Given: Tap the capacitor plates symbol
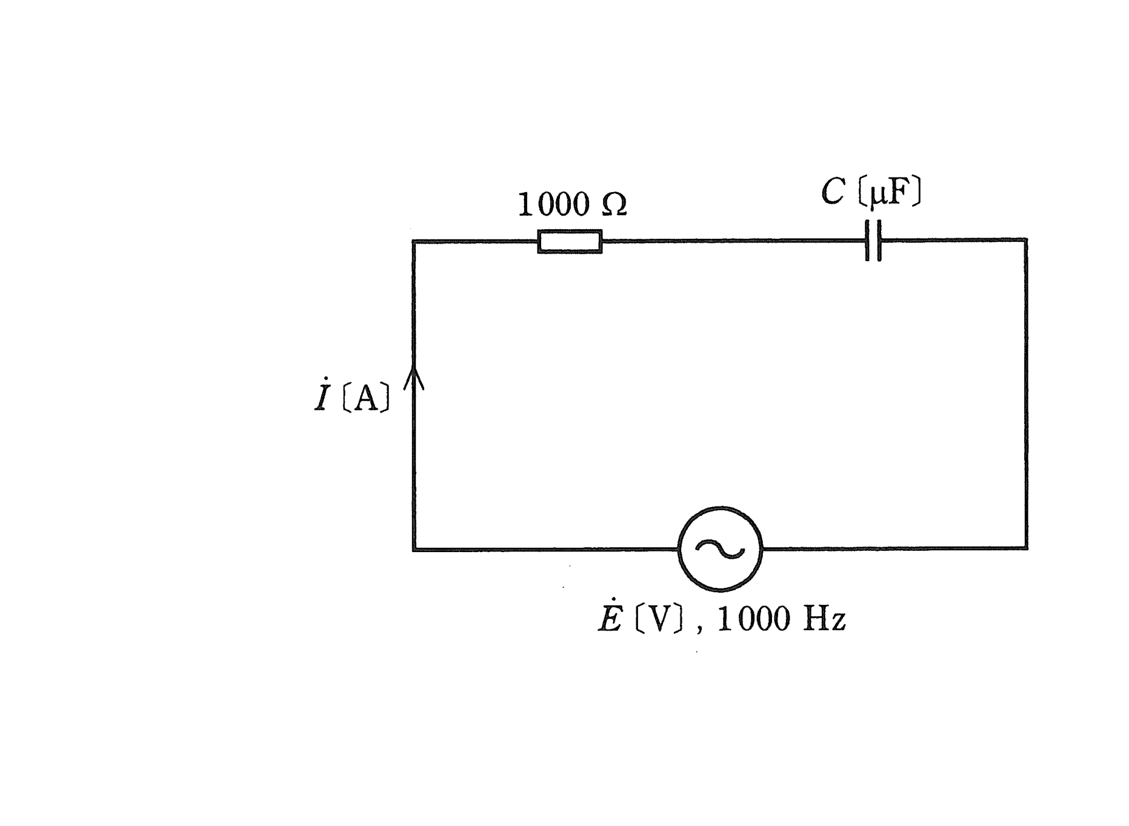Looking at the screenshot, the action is click(873, 241).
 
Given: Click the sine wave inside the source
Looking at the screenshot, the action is click(720, 549).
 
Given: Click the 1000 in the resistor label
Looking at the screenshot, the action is click(553, 204).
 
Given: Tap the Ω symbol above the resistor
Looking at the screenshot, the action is click(614, 205).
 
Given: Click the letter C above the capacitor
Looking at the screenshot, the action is click(833, 192).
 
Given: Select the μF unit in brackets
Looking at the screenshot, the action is click(890, 192).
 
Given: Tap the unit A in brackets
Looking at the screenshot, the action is click(366, 399).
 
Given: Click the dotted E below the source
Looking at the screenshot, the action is click(611, 618).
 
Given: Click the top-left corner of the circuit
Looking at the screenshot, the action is click(414, 241).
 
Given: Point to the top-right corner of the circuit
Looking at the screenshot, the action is click(1026, 240).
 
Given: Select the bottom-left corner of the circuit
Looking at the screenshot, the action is click(414, 550).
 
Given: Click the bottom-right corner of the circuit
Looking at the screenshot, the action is click(1027, 548).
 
